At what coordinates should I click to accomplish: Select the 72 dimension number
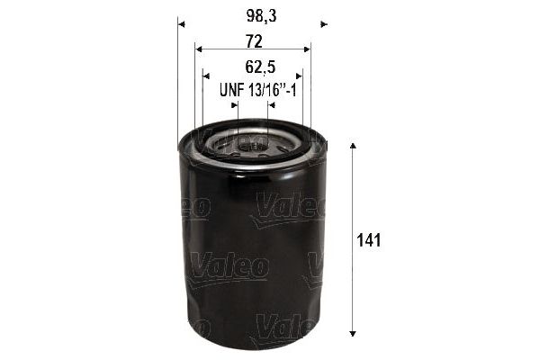(x=254, y=41)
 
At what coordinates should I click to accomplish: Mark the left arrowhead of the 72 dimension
(x=199, y=49)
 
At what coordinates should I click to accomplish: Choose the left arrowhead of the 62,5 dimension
(x=207, y=76)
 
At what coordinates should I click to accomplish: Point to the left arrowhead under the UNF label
(x=235, y=104)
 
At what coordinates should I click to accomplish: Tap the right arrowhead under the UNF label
(x=270, y=104)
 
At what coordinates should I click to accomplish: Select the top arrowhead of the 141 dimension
(x=353, y=147)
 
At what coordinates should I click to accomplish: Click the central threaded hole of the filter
(x=252, y=141)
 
